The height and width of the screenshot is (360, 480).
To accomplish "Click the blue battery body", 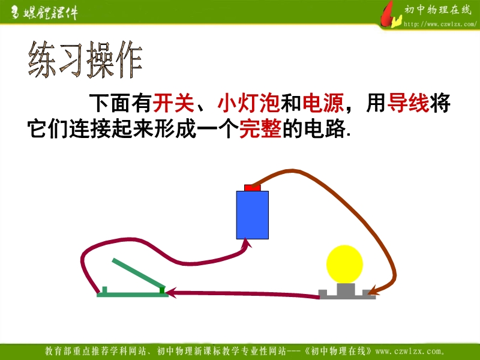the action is click(x=253, y=215).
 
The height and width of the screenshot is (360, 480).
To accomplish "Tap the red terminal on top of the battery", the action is click(x=253, y=188).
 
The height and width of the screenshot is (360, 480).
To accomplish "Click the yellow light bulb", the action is click(x=344, y=264).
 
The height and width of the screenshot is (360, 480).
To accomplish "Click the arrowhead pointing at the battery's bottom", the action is click(x=247, y=244).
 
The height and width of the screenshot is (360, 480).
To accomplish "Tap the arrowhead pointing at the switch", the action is click(x=171, y=292).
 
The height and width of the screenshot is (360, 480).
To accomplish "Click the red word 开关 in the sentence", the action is click(x=173, y=103).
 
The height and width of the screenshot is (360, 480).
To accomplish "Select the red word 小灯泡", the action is click(x=248, y=103).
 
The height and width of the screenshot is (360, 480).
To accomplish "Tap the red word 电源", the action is click(x=323, y=103).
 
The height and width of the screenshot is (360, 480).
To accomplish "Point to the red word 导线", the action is click(x=408, y=103).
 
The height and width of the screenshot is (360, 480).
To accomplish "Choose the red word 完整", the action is click(x=260, y=129).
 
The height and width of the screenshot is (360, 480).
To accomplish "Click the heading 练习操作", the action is click(x=85, y=59).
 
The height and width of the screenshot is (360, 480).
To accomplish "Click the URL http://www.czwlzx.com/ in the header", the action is click(x=440, y=24).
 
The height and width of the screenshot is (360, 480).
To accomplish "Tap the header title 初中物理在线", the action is click(x=438, y=10).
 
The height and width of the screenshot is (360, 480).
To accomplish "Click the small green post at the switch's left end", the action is click(x=104, y=290).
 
